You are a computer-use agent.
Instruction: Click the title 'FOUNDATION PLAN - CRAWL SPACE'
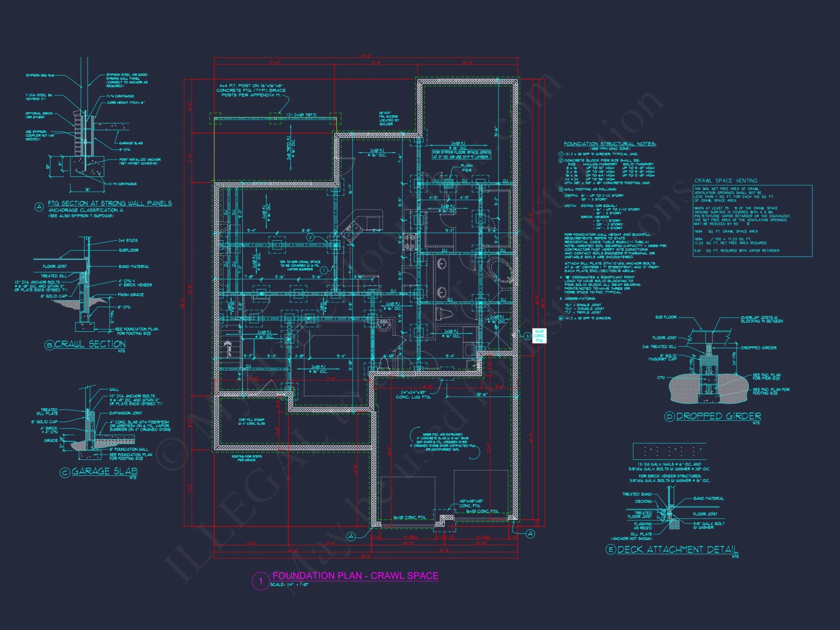355,576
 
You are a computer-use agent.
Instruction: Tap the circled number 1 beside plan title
260,581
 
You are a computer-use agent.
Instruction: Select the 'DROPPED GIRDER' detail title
718,416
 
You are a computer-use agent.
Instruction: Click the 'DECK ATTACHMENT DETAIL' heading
677,549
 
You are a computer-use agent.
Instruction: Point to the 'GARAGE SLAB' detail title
105,471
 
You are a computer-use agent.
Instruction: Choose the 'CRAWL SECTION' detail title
90,344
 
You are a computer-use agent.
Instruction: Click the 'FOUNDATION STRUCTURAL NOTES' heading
610,144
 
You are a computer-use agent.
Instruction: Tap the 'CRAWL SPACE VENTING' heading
726,181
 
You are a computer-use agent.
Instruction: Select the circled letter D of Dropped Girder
669,417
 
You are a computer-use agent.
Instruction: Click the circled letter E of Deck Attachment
611,549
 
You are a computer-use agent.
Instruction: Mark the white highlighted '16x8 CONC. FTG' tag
539,336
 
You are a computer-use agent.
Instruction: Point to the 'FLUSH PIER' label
466,168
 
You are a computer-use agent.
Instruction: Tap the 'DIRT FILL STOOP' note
252,421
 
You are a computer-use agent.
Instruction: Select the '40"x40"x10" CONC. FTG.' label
471,503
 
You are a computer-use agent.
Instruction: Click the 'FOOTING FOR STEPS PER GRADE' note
247,458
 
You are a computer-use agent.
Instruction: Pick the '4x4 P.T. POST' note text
251,90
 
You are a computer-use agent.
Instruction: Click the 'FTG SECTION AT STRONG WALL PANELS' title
110,203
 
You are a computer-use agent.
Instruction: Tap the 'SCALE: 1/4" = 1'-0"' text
289,584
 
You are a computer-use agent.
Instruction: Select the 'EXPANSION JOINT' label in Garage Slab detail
126,413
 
